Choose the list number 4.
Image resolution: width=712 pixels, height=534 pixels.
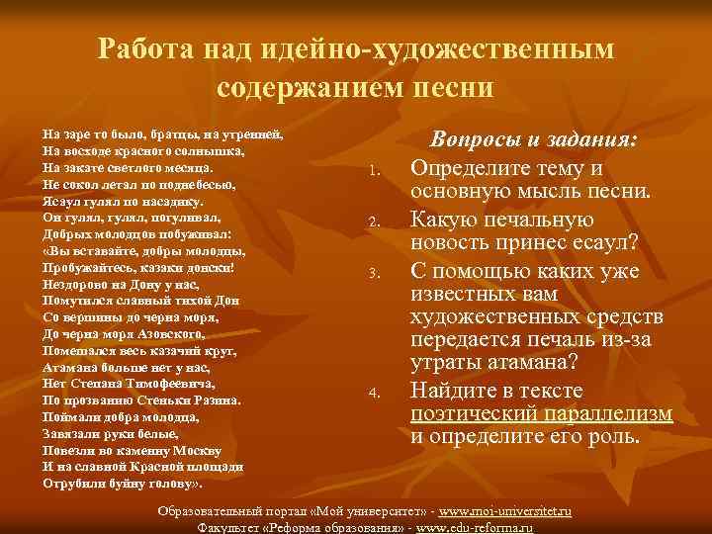373,395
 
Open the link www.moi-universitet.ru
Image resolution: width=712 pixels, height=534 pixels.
504,511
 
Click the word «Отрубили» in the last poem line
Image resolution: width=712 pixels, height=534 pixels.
75,484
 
